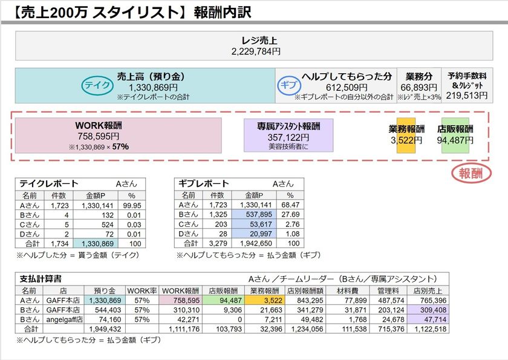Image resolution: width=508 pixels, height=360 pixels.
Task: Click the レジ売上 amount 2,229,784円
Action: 256,52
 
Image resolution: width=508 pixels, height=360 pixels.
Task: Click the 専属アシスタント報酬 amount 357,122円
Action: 288,137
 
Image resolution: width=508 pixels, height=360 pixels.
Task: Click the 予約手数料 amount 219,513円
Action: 467,96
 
